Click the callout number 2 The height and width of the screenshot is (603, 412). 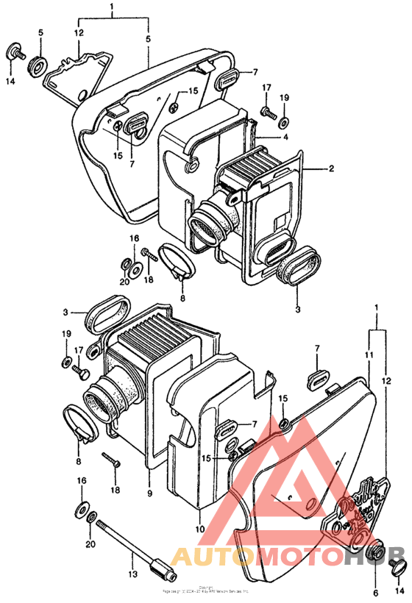(331, 168)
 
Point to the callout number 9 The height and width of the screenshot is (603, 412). (149, 493)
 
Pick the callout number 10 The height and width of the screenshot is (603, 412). (199, 528)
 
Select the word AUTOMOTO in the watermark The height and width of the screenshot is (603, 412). (257, 556)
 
